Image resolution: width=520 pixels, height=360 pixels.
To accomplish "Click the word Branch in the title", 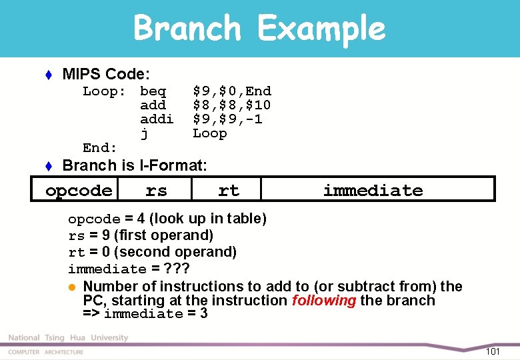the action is pyautogui.click(x=187, y=28).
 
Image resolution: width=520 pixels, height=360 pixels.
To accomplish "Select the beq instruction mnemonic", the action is pyautogui.click(x=153, y=91).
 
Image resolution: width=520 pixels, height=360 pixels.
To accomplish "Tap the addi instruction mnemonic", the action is pyautogui.click(x=157, y=119).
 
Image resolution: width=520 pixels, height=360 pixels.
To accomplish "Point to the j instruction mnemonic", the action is pyautogui.click(x=144, y=134).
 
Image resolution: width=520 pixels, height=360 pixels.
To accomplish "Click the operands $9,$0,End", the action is pyautogui.click(x=232, y=91).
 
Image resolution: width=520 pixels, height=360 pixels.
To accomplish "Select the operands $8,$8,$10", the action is pyautogui.click(x=232, y=105).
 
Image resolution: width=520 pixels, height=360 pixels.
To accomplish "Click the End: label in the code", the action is pyautogui.click(x=100, y=148).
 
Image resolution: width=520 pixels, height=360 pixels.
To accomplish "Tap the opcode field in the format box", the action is pyautogui.click(x=79, y=191).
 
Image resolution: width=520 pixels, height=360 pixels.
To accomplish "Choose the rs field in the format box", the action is pyautogui.click(x=156, y=191).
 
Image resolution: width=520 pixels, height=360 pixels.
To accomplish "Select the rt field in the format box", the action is pyautogui.click(x=229, y=191).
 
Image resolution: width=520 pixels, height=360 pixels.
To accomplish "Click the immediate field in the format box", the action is pyautogui.click(x=373, y=191).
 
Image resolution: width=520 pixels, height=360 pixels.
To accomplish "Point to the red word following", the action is pyautogui.click(x=324, y=301).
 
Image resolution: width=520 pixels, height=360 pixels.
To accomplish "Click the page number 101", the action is pyautogui.click(x=493, y=351).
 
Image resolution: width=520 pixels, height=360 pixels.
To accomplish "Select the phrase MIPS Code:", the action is pyautogui.click(x=106, y=73).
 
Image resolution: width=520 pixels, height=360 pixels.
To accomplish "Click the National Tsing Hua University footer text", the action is pyautogui.click(x=68, y=338).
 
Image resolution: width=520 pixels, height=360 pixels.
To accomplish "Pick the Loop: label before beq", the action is pyautogui.click(x=105, y=91).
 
